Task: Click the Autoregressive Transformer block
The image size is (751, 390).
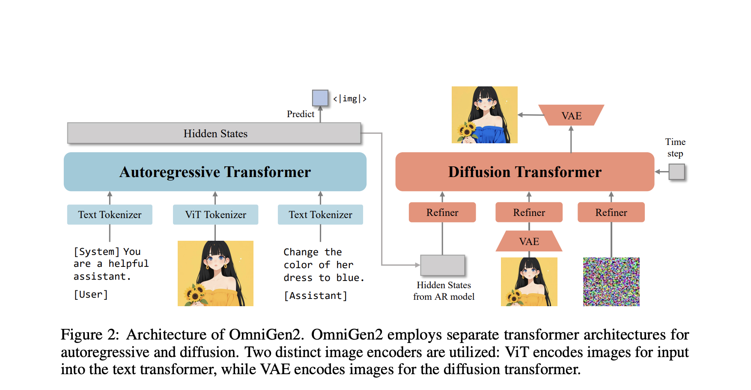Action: pos(215,172)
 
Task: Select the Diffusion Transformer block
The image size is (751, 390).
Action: pos(525,172)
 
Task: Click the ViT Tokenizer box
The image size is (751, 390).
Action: pos(215,215)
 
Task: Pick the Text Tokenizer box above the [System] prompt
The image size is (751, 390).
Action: pos(110,215)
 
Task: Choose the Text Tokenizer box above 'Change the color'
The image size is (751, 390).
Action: pos(320,215)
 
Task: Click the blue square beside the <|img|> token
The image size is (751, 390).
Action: pos(320,98)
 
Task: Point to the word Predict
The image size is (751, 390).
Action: pos(300,114)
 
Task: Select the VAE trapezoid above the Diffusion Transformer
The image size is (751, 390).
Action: pos(571,115)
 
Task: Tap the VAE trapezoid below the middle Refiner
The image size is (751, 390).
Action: pos(529,242)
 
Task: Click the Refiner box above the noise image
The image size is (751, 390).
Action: pos(611,213)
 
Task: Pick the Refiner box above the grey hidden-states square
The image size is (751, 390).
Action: pos(442,213)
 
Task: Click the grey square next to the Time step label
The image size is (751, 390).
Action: pos(676,172)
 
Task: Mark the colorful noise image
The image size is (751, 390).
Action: pos(611,281)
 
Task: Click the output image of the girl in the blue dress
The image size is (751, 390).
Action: pos(484,115)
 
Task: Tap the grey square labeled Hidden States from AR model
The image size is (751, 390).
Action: pos(442,265)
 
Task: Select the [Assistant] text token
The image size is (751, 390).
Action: pos(316,295)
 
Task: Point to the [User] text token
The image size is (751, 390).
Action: pos(91,295)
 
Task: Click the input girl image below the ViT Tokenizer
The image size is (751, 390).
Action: pos(215,273)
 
